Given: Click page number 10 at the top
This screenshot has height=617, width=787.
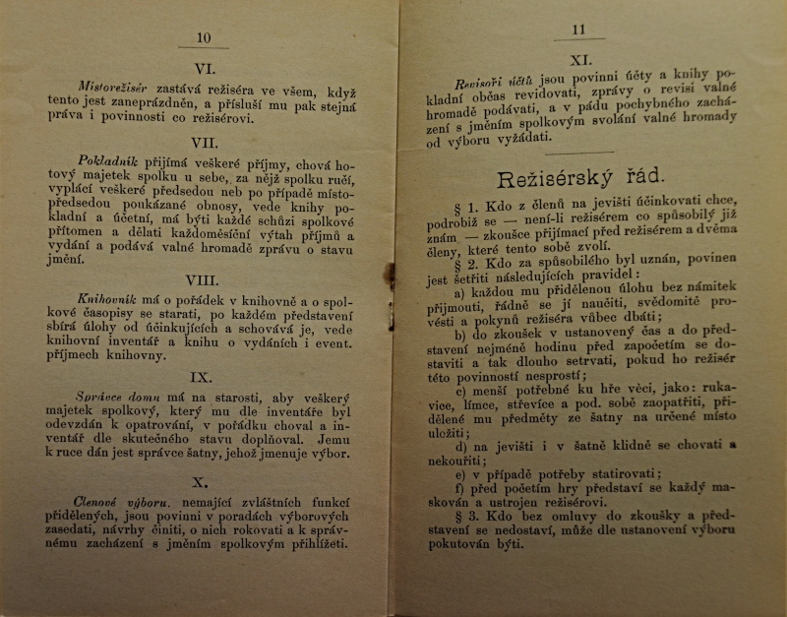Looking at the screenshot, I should coord(204,38).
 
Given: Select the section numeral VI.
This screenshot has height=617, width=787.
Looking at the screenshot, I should coord(206,69).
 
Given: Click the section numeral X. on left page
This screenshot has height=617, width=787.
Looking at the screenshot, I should coord(203,482).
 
